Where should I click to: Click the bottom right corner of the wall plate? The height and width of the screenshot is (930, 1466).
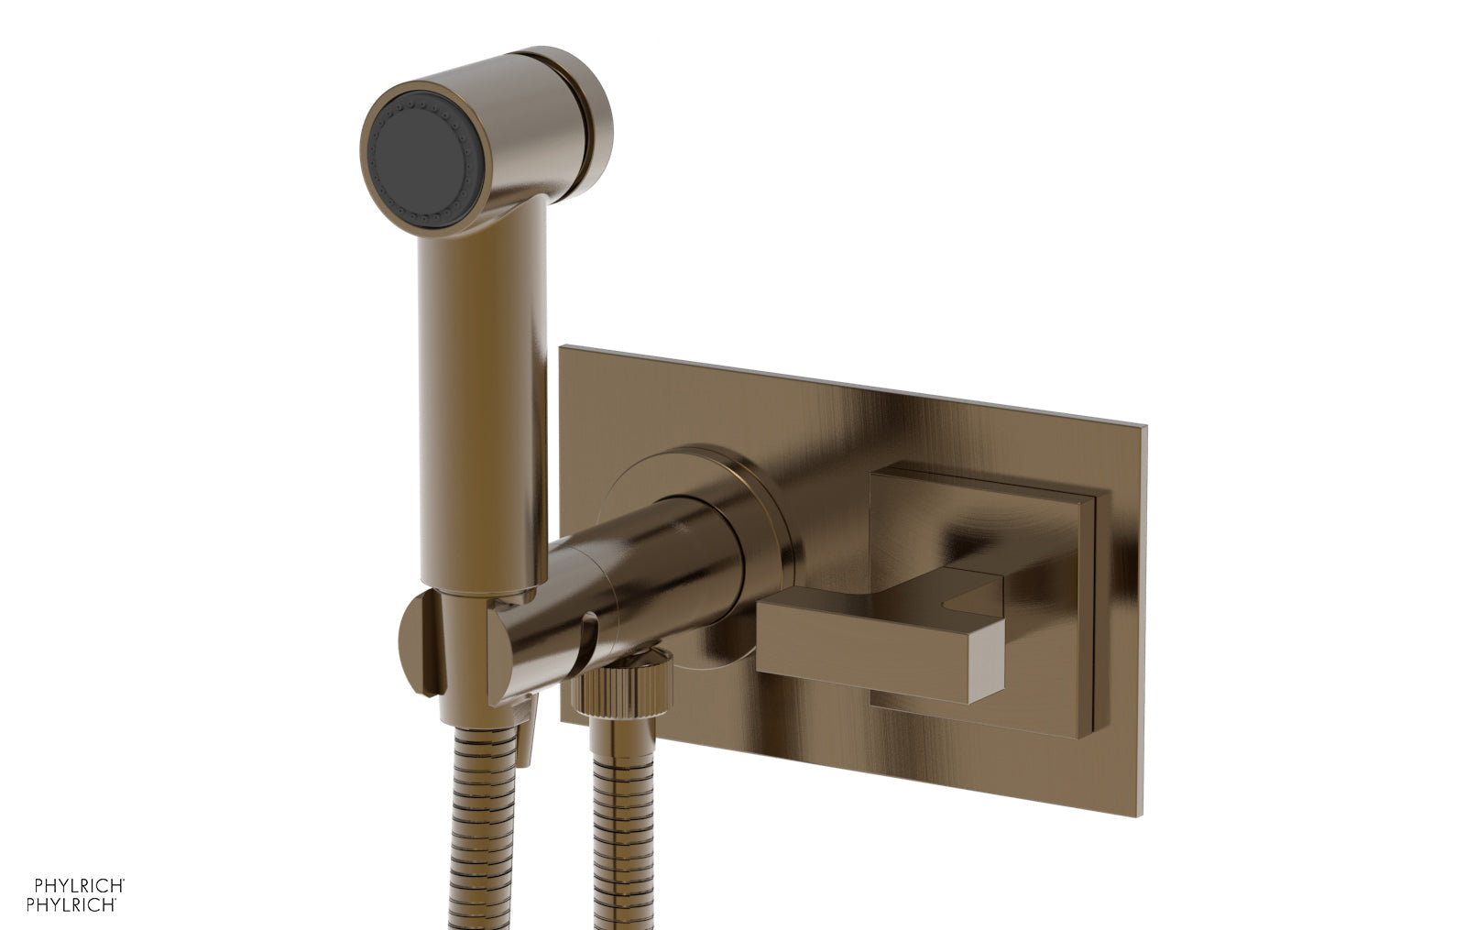(x=1141, y=814)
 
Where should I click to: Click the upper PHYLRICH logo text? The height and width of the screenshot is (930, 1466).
(x=79, y=885)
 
